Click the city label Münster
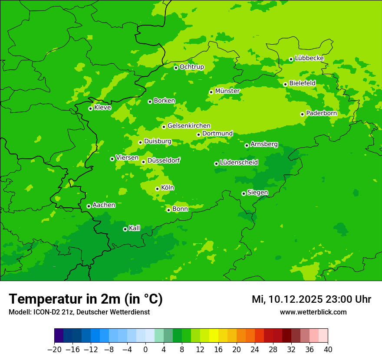tap(227, 91)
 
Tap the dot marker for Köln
tap(157, 189)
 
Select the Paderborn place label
tap(321, 113)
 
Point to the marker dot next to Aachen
tap(89, 206)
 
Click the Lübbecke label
tap(309, 58)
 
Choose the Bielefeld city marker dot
tap(285, 84)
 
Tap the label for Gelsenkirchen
tap(189, 126)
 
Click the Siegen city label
tap(257, 193)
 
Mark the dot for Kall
tap(125, 229)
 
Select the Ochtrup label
tap(191, 67)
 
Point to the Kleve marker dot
tap(90, 108)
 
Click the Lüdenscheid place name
tap(239, 163)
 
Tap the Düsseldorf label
tap(164, 160)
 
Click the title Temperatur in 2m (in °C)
tap(86, 299)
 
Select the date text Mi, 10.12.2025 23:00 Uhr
tap(311, 299)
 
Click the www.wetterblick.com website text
tap(313, 312)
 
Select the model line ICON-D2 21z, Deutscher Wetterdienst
tap(79, 312)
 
